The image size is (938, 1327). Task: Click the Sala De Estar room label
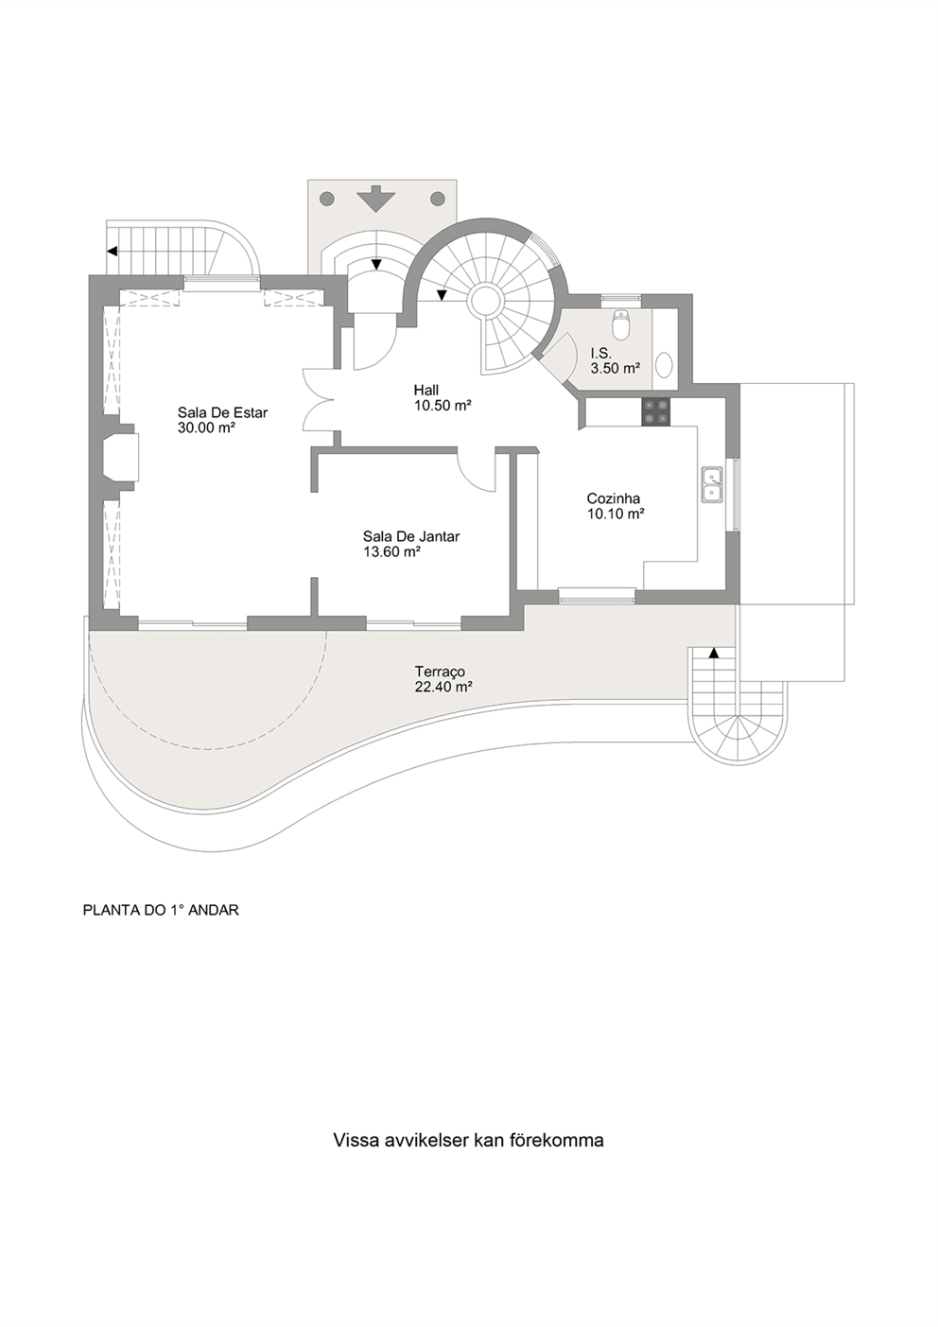(x=222, y=412)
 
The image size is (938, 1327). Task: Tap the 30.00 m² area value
(x=205, y=428)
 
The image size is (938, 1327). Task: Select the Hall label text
(x=426, y=390)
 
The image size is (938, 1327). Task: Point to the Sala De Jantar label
(x=410, y=536)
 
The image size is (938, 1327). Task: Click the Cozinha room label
(x=613, y=498)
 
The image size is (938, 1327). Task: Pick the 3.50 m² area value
(x=615, y=369)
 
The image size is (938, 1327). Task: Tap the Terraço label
(x=439, y=672)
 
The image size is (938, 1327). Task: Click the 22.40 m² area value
(x=443, y=688)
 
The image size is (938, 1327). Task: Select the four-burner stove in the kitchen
(x=656, y=411)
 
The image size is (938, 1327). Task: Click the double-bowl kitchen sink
(x=712, y=484)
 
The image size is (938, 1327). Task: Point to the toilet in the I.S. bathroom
(x=621, y=324)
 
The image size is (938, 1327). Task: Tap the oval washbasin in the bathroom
(x=665, y=365)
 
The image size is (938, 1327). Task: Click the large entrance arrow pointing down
(x=376, y=199)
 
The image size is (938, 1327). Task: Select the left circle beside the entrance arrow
(x=326, y=199)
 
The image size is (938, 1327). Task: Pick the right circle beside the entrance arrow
(x=438, y=199)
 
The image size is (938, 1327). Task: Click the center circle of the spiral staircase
(x=487, y=301)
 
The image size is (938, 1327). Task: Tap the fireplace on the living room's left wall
(x=123, y=459)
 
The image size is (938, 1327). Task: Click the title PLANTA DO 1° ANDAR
(x=161, y=911)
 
